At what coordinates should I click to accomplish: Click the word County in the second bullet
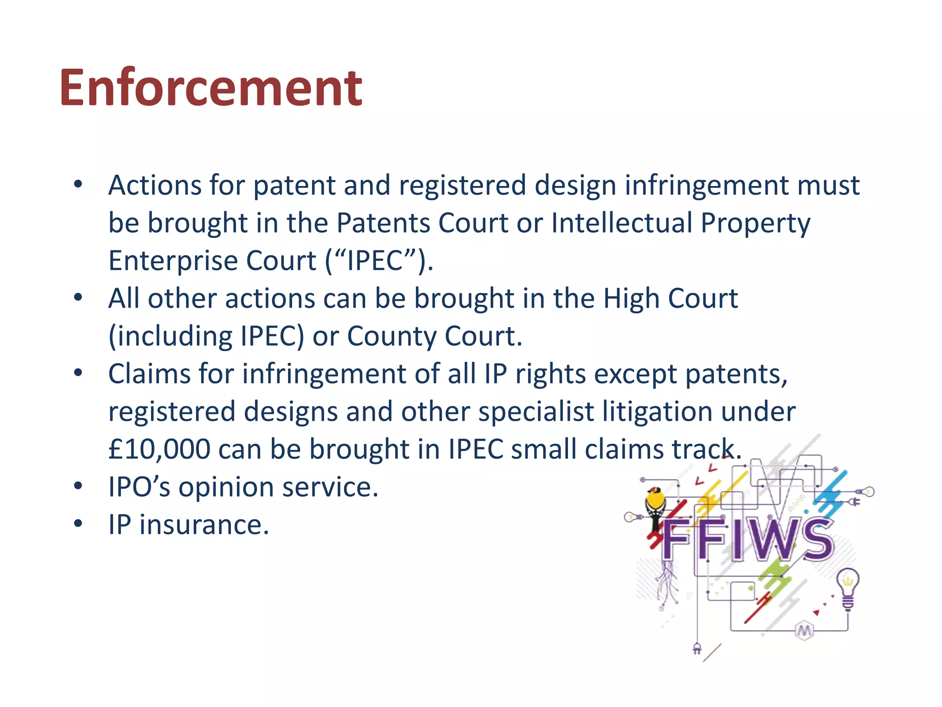[391, 336]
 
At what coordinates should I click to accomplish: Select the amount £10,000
[159, 449]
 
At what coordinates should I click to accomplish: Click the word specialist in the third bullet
[536, 411]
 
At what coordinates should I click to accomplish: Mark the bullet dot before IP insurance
[78, 524]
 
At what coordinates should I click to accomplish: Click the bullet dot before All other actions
[78, 298]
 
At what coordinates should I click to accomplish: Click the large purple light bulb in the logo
[848, 588]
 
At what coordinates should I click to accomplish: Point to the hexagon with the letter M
[804, 631]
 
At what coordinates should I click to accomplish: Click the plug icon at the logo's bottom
[697, 649]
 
